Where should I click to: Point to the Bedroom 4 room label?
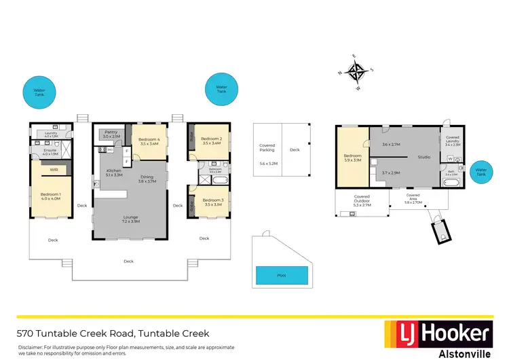[x=149, y=141]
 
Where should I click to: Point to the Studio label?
[x=423, y=157]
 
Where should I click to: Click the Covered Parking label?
[x=267, y=148]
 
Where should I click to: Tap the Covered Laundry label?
[x=453, y=141]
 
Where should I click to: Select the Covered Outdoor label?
[x=362, y=198]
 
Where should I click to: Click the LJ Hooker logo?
[x=438, y=333]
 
